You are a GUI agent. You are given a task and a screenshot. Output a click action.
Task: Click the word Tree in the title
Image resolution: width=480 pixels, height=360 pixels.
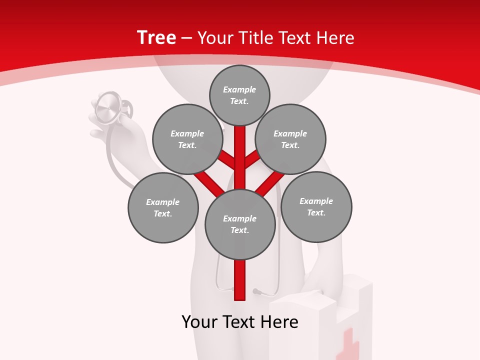click(x=156, y=37)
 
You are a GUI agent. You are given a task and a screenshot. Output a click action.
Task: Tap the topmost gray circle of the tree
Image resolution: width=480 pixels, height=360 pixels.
click(x=239, y=95)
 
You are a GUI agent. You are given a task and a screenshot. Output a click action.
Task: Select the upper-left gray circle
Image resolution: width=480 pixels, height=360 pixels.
click(x=187, y=139)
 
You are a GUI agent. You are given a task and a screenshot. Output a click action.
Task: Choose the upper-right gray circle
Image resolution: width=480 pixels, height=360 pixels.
click(x=290, y=139)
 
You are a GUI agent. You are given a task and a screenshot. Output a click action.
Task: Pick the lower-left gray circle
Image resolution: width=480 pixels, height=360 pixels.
click(x=163, y=207)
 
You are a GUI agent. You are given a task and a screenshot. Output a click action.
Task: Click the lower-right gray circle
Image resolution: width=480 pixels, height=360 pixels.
click(x=316, y=206)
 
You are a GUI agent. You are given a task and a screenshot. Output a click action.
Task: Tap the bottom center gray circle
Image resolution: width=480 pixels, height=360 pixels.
click(x=240, y=224)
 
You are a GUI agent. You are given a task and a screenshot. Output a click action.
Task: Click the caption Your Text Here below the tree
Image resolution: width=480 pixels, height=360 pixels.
click(x=239, y=321)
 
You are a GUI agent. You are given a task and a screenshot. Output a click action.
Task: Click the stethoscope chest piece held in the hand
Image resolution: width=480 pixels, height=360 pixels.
click(x=108, y=107)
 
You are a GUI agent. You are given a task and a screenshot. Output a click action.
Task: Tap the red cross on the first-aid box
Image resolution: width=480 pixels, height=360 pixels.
click(x=348, y=345)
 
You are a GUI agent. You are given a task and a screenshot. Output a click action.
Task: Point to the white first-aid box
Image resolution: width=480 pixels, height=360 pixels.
click(x=320, y=320)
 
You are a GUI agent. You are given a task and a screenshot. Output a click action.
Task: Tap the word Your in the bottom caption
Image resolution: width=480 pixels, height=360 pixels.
click(x=199, y=321)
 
